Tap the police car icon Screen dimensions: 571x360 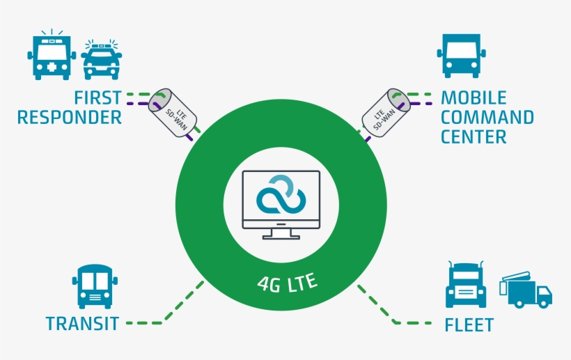[x=102, y=60]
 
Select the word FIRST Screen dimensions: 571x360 [x=97, y=97]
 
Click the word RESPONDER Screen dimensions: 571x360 [x=69, y=117]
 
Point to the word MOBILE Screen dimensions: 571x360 [x=474, y=97]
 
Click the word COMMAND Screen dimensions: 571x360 [x=487, y=117]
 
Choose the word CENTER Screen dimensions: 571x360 [x=474, y=137]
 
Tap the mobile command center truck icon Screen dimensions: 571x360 [x=462, y=56]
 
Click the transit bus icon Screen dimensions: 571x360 [x=95, y=286]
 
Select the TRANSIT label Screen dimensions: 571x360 [x=82, y=323]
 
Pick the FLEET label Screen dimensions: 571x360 [x=469, y=324]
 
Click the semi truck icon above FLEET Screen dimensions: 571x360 [x=466, y=284]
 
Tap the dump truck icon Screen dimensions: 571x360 [x=526, y=290]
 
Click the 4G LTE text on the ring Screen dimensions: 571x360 [x=288, y=283]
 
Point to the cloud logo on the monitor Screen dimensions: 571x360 [x=281, y=194]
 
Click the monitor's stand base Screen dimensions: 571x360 [x=281, y=237]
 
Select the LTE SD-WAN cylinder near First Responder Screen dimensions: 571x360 [x=173, y=113]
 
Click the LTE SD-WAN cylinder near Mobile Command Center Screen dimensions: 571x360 [x=386, y=113]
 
